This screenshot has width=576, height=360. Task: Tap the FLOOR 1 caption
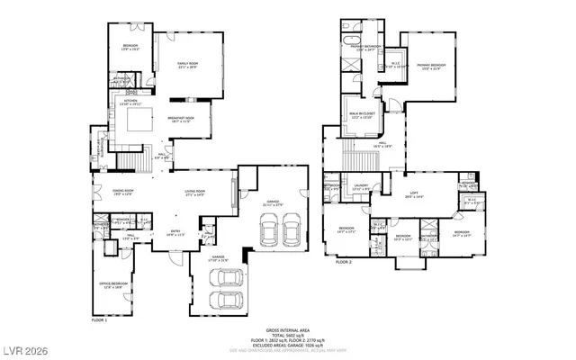[x=99, y=319]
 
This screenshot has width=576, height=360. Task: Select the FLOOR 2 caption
[x=343, y=262]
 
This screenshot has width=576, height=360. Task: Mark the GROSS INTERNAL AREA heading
[x=288, y=330]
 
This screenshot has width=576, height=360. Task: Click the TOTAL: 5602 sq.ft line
[x=288, y=335]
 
